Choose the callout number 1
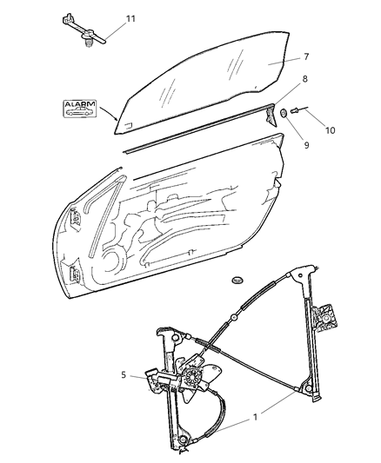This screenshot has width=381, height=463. pyautogui.click(x=254, y=417)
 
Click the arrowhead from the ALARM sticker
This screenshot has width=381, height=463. pyautogui.click(x=118, y=120)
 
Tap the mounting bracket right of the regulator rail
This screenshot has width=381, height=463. pyautogui.click(x=327, y=318)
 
